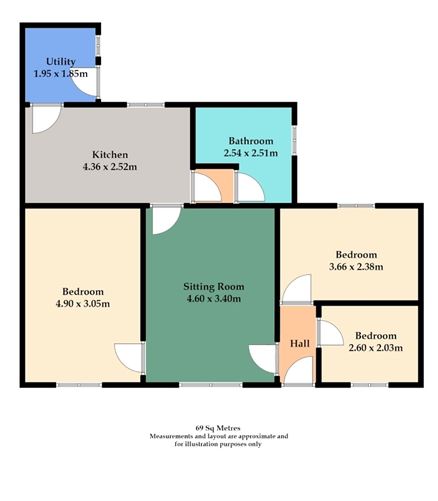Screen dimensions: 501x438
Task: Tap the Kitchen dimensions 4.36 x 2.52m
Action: tap(109, 168)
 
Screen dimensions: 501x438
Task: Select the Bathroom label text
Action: tap(243, 140)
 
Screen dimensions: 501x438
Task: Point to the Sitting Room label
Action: tap(213, 285)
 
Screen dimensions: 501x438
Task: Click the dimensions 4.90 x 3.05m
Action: tap(83, 304)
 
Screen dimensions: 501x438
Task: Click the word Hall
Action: tap(299, 343)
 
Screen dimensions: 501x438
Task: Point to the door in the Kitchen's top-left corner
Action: tap(46, 119)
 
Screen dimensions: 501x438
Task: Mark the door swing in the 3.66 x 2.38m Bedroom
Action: tap(297, 290)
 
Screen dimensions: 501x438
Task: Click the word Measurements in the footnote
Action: tap(174, 437)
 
